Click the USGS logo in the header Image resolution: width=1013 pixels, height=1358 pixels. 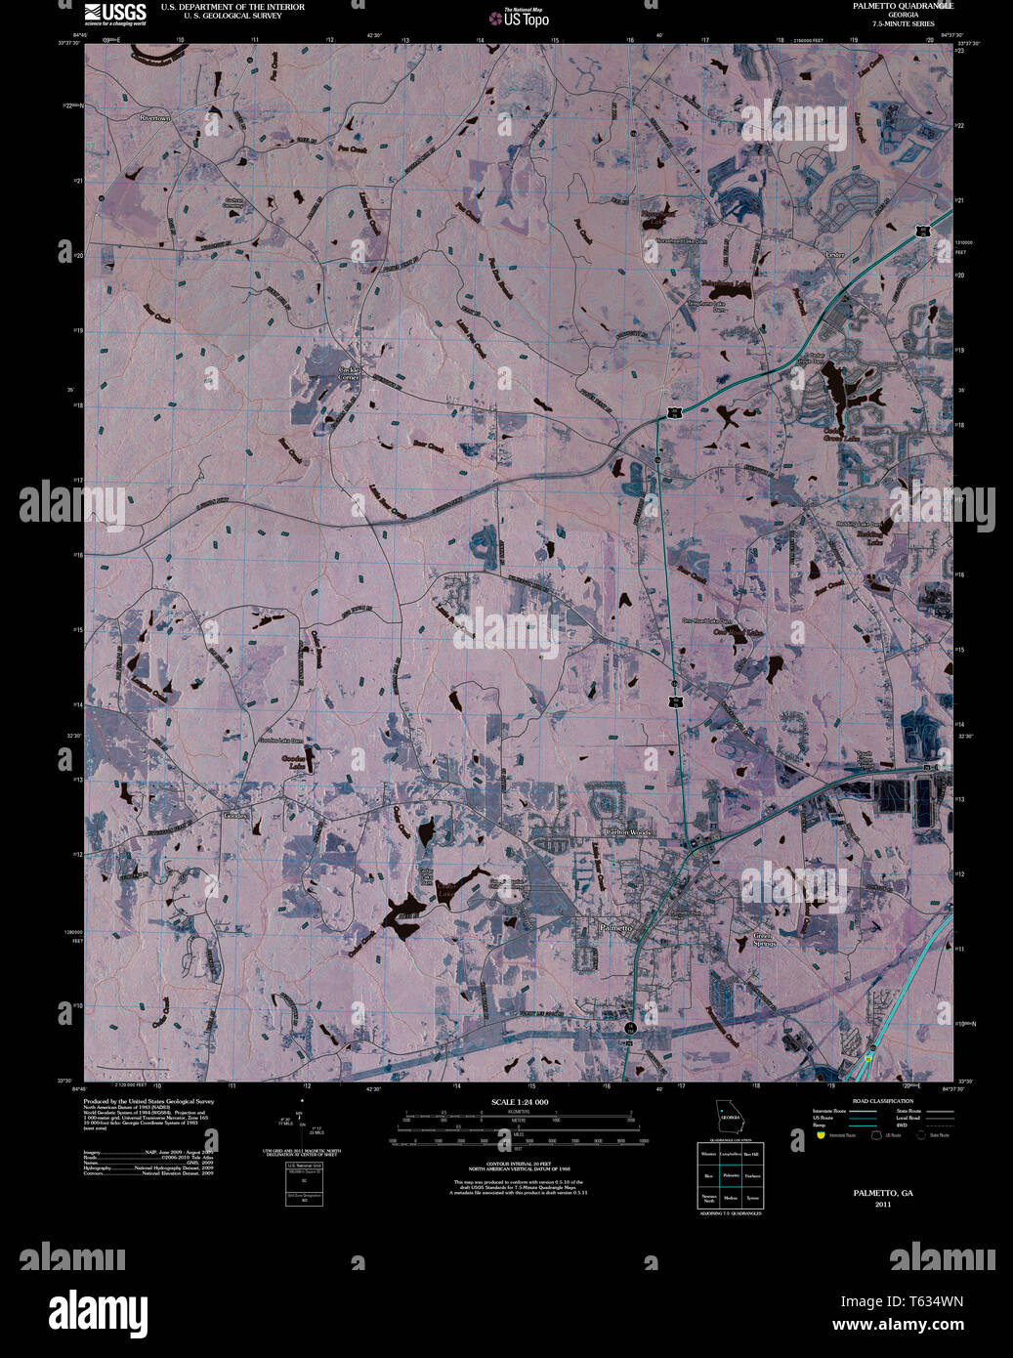115,14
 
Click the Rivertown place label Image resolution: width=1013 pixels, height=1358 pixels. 154,118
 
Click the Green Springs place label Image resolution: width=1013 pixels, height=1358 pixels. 764,940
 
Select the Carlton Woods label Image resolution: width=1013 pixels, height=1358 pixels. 628,831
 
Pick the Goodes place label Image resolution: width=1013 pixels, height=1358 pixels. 235,815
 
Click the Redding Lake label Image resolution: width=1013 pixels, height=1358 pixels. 875,537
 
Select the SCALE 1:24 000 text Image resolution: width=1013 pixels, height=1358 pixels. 520,1102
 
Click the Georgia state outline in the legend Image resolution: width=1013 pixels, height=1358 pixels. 729,1110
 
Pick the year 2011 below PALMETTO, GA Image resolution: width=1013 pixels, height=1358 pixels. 883,1205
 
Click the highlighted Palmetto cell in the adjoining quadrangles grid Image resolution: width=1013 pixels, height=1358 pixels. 730,1176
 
